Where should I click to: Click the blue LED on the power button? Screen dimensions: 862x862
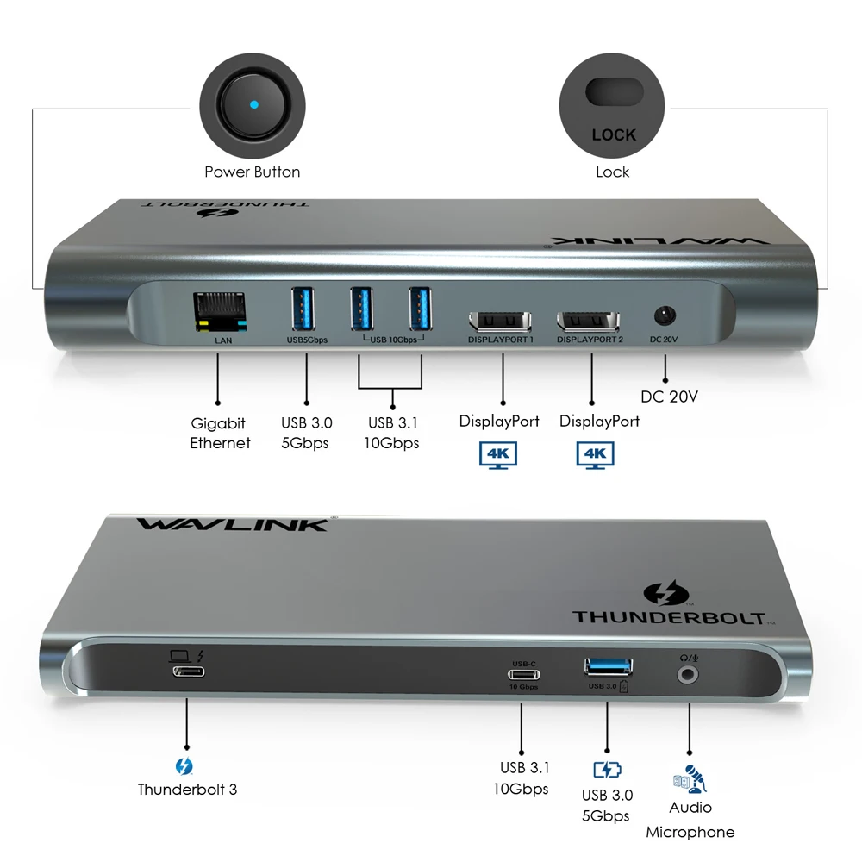click(253, 105)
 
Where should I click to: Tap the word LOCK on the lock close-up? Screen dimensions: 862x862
click(614, 134)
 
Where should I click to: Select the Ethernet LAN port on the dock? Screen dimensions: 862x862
click(222, 313)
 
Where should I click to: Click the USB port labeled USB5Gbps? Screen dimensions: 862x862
click(307, 309)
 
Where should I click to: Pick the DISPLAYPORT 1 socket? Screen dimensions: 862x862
click(501, 322)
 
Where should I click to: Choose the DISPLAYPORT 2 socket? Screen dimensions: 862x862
click(590, 322)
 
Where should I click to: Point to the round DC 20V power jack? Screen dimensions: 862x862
click(665, 315)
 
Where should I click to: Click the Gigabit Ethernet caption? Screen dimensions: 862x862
click(220, 433)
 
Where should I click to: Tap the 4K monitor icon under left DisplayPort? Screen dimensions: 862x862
click(499, 453)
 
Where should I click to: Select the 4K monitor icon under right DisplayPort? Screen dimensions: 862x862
click(596, 454)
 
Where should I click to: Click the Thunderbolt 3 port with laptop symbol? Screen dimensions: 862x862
click(188, 672)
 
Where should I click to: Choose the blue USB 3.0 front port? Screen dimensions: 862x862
click(608, 665)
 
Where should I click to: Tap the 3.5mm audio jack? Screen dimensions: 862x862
click(689, 676)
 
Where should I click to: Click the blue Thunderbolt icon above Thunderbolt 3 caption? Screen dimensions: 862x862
click(184, 765)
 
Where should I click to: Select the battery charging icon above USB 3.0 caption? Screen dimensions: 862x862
click(607, 770)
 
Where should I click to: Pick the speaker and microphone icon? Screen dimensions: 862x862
click(690, 779)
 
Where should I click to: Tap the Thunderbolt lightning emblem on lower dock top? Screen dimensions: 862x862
click(667, 595)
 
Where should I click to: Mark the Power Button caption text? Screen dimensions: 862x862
click(252, 172)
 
